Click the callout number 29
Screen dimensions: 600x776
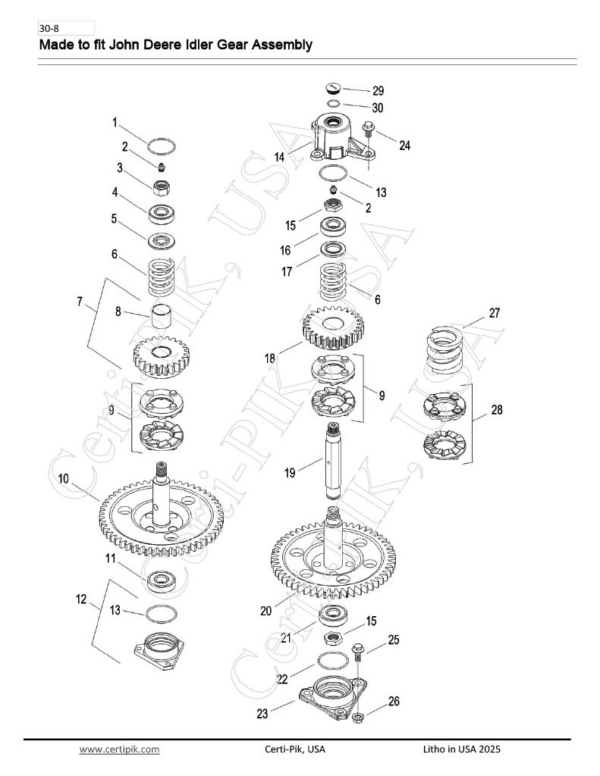click(378, 91)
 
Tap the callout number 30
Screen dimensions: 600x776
click(378, 108)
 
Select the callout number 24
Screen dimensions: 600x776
click(405, 145)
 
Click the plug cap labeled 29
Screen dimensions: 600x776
click(333, 89)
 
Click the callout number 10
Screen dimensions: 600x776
click(64, 479)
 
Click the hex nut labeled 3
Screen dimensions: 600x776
click(162, 188)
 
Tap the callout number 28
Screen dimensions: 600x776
click(496, 410)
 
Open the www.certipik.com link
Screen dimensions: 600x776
click(119, 749)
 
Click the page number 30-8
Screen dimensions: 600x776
click(49, 28)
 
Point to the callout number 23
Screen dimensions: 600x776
click(262, 713)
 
